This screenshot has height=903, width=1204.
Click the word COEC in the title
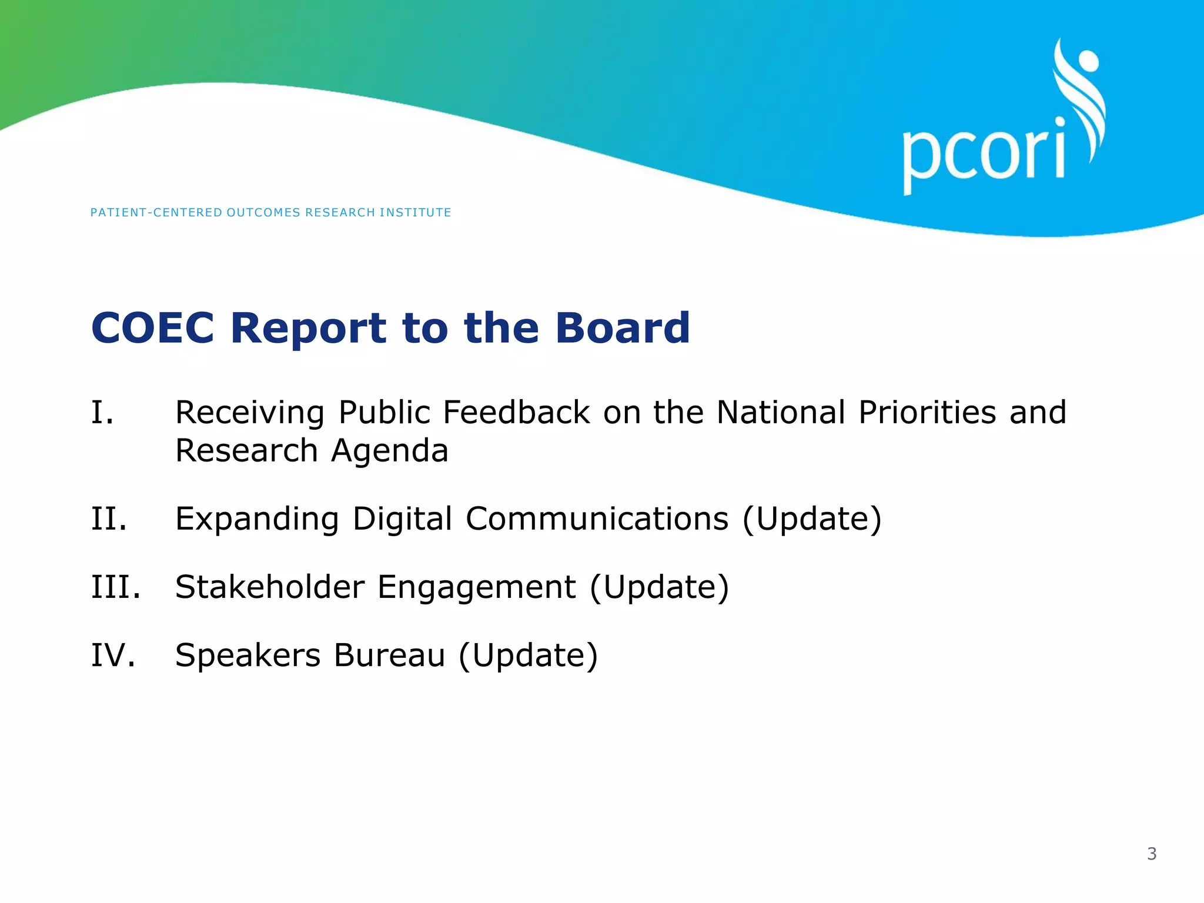[153, 327]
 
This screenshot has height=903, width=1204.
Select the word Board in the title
[623, 327]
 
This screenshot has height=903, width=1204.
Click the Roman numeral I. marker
[102, 412]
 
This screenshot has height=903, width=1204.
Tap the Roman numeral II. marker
[109, 519]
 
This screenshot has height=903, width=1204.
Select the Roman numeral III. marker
[116, 587]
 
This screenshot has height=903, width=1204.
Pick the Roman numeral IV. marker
[113, 655]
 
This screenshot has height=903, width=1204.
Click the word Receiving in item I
[250, 413]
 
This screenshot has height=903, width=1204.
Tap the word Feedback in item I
[516, 412]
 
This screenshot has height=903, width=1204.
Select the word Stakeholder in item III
[270, 587]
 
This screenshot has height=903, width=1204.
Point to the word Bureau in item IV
[389, 655]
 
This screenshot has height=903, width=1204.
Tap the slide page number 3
[1152, 854]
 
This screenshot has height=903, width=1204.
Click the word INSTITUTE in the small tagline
[415, 212]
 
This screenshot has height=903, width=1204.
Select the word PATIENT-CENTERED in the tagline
[156, 212]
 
